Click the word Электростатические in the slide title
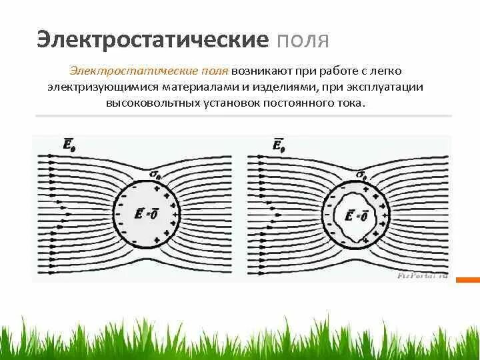(x=151, y=38)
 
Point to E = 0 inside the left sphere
(x=146, y=214)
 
